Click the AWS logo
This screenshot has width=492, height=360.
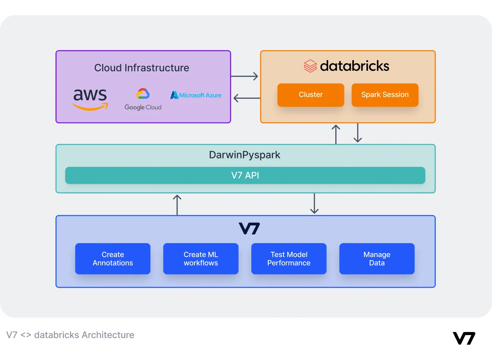[x=90, y=99]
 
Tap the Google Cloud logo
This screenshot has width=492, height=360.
[x=143, y=99]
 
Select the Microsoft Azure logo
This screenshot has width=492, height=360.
[x=196, y=95]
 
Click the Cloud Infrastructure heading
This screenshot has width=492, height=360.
[x=142, y=68]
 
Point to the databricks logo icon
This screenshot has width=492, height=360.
[x=310, y=66]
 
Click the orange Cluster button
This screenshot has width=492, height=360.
[x=311, y=95]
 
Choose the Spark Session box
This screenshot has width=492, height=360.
[x=385, y=95]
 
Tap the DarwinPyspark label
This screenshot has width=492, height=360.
[x=244, y=155]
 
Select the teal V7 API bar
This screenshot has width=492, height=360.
[x=245, y=175]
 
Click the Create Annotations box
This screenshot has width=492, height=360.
[x=113, y=259]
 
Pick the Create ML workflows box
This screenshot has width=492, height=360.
[x=201, y=259]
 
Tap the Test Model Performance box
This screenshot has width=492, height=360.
[x=289, y=259]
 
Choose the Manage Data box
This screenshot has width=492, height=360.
[x=377, y=259]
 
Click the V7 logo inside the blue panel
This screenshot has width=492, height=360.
[x=249, y=228]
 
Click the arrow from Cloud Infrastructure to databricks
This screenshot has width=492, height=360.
[x=245, y=76]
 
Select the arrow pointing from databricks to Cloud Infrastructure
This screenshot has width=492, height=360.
[x=246, y=98]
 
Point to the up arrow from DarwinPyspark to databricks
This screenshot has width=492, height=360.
[x=336, y=134]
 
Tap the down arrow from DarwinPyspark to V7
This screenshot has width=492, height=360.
[x=314, y=203]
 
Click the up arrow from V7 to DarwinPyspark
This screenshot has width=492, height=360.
[x=177, y=205]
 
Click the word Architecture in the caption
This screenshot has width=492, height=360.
[x=108, y=335]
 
